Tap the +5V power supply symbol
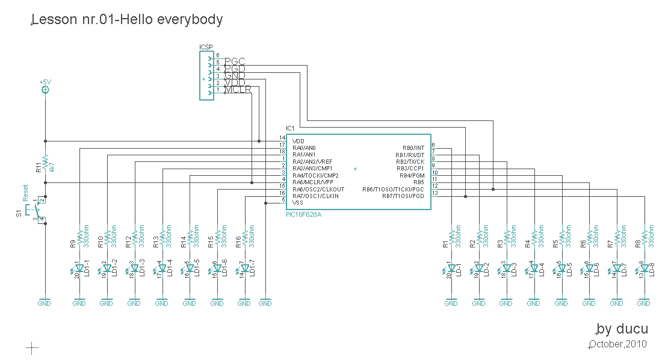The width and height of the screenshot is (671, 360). [45, 90]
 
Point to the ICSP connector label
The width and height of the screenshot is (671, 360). [206, 47]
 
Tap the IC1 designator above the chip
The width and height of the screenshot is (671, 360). [290, 129]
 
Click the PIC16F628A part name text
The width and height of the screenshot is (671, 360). [304, 214]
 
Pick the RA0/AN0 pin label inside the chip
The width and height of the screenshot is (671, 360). [304, 147]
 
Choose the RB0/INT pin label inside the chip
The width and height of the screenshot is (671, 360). [413, 147]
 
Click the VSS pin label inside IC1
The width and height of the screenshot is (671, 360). [297, 203]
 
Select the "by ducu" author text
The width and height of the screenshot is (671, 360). [622, 329]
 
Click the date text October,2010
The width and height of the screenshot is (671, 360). [618, 344]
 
